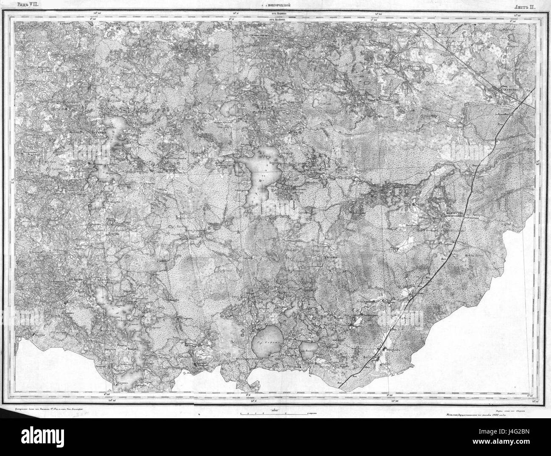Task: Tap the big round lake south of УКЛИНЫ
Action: click(x=267, y=341)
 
